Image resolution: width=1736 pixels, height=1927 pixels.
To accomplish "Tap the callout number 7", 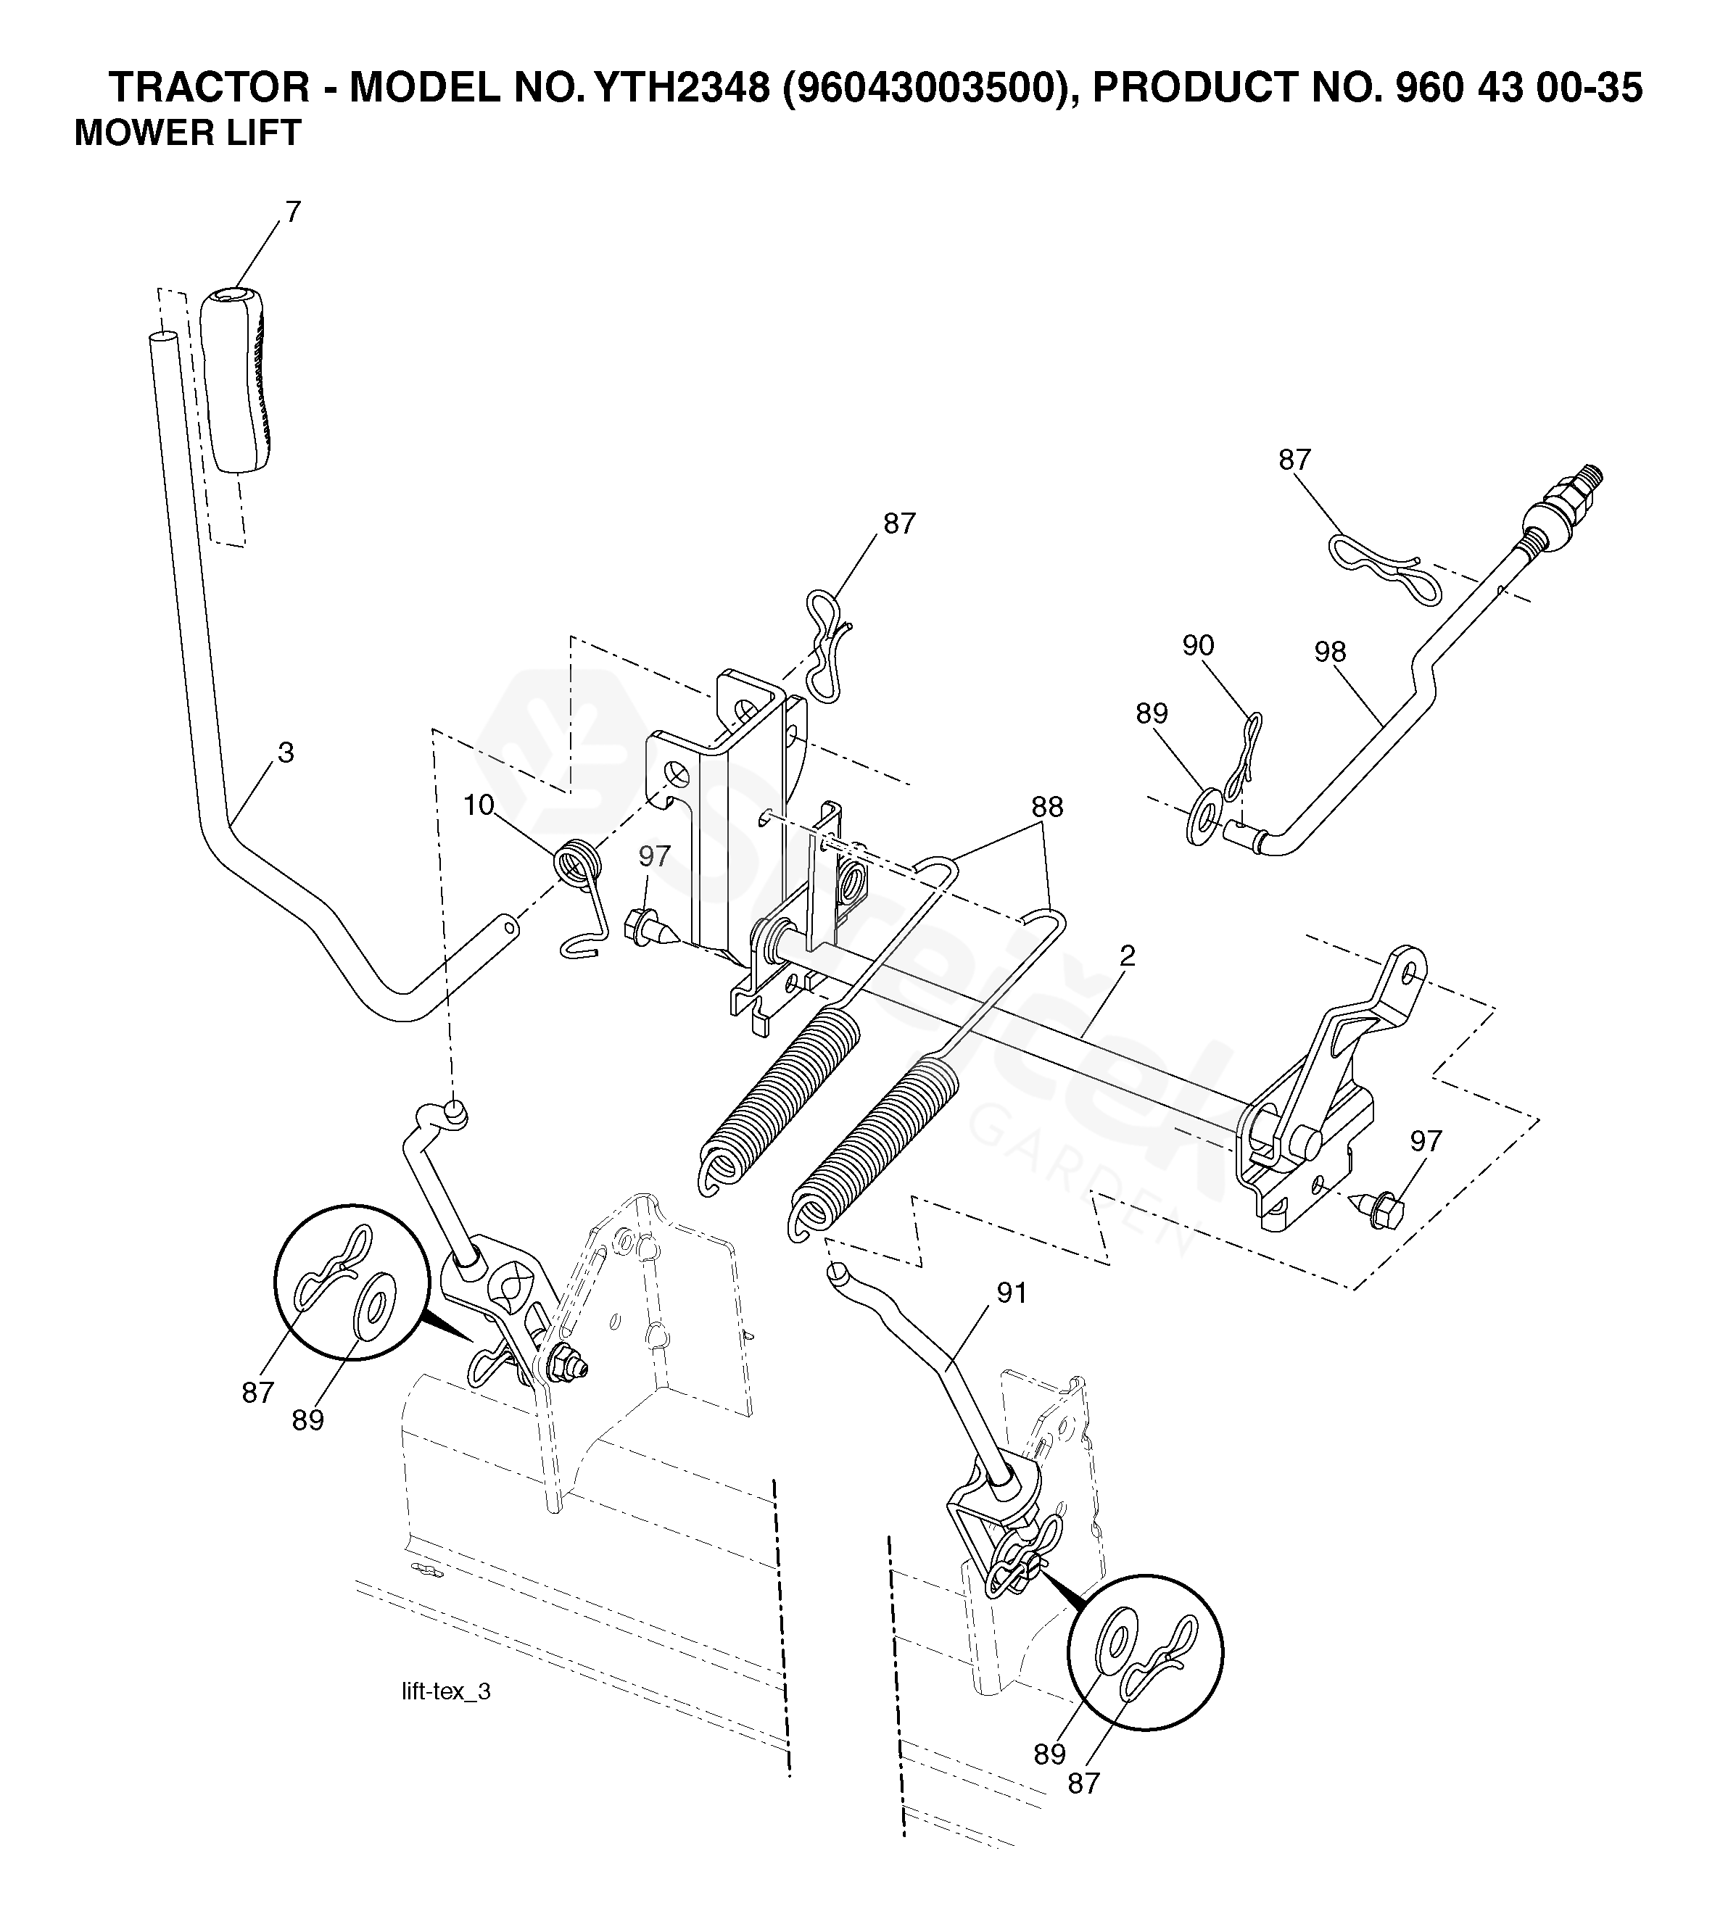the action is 293,211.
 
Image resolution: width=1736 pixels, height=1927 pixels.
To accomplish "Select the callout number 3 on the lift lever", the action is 285,753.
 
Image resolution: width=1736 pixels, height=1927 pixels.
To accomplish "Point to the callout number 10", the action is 479,805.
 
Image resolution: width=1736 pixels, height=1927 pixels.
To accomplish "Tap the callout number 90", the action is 1198,645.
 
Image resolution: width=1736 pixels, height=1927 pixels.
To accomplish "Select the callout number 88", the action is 1046,807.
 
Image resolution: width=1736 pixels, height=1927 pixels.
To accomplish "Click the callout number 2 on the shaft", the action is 1128,956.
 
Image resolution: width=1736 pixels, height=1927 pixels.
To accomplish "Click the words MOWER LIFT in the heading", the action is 188,133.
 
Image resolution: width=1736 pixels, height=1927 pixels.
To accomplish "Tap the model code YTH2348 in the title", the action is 681,88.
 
